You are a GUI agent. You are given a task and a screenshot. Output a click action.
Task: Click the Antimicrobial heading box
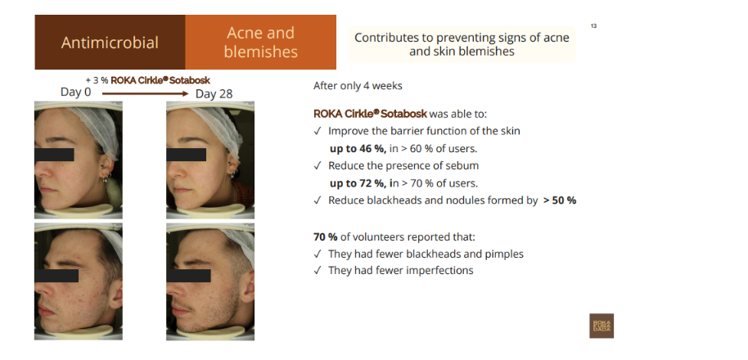coord(110,43)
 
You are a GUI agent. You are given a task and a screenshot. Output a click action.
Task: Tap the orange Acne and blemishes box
coord(260,43)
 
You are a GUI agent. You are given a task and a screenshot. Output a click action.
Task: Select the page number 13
coord(593,25)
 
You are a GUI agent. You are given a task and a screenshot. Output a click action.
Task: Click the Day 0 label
coord(75,92)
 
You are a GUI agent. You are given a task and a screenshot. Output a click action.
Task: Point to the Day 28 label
coord(214,94)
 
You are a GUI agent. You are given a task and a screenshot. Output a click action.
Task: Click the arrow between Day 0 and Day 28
coord(146,93)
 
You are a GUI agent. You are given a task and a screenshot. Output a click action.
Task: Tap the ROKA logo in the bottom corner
coord(602,326)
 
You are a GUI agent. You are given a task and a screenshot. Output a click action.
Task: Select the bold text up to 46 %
coord(358,149)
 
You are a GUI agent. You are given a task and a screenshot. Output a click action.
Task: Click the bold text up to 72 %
coord(358,183)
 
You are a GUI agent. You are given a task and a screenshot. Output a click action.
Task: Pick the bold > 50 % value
coord(560,200)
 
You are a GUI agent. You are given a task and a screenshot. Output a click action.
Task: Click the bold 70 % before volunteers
coord(326,237)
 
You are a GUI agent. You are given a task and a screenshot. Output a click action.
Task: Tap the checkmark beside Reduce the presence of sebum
coord(318,166)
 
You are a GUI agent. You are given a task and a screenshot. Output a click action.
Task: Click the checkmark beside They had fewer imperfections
coord(318,271)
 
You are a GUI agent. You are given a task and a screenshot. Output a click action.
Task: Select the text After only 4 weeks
coord(358,86)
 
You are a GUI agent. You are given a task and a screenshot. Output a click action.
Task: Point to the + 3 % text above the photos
coord(97,80)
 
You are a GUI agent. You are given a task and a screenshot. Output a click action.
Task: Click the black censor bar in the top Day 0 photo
coord(54,155)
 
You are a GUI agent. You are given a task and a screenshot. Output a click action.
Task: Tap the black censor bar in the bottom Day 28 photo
coord(188,276)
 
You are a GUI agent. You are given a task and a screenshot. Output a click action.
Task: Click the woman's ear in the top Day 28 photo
coord(232,164)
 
